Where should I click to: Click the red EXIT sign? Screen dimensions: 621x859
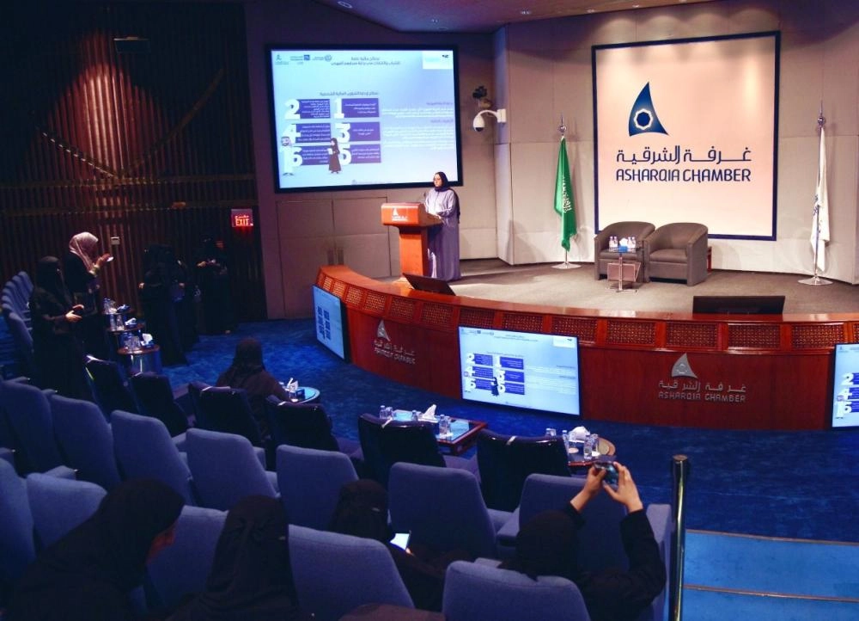coord(241,218)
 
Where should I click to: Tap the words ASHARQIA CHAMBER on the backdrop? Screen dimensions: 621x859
coord(683,175)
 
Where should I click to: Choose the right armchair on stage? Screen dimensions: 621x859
coord(678,250)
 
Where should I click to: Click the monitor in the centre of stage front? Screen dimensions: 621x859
coord(518,370)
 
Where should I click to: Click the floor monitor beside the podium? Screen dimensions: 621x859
coord(429,284)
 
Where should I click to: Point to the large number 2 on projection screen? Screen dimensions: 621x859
coord(292,109)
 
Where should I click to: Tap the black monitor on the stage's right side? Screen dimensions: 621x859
coord(738,304)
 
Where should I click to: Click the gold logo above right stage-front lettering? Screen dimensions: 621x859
coord(684,367)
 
